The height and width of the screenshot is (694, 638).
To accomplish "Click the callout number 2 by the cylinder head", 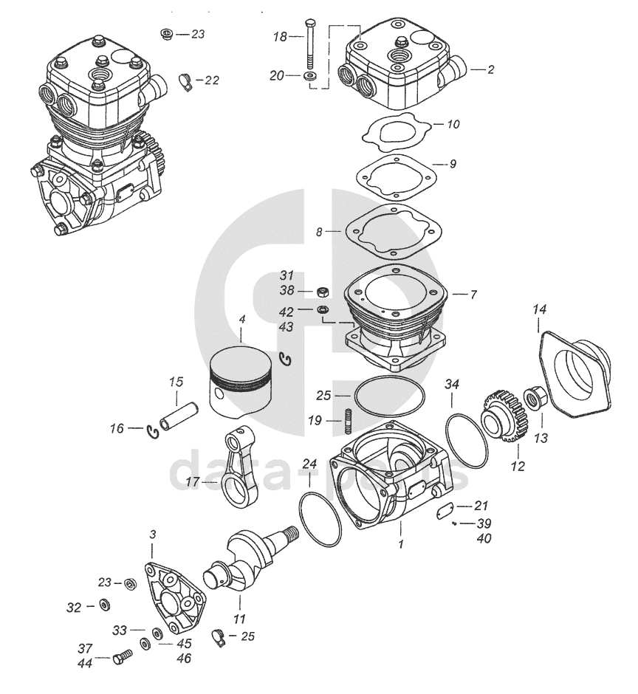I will coord(490,70).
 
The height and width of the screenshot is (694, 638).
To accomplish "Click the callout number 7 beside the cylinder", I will coord(473,295).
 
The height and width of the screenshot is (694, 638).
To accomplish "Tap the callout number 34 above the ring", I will coord(452,385).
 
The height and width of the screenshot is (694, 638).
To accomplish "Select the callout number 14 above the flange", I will coord(539,311).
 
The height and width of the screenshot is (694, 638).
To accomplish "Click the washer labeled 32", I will coord(104,606).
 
